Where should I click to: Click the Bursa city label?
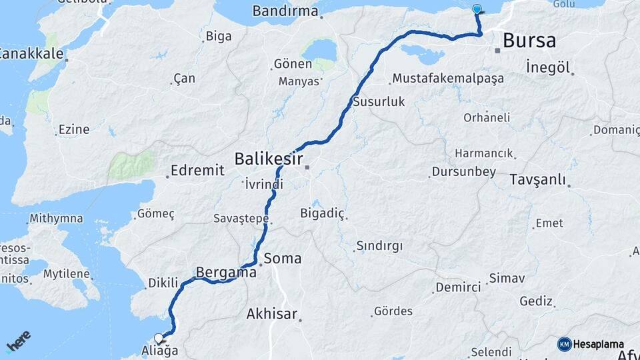tap(529, 41)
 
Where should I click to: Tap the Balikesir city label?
tap(269, 159)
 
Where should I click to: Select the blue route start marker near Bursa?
tap(477, 9)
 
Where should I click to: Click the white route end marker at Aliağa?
tap(159, 338)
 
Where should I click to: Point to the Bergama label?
tap(226, 272)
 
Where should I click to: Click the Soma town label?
tap(283, 258)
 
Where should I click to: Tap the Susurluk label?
tap(379, 102)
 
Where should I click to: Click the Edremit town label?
tap(197, 171)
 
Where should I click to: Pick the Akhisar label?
tap(271, 313)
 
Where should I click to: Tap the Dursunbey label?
tap(464, 172)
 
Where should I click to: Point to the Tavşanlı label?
tap(537, 179)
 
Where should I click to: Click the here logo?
tap(18, 341)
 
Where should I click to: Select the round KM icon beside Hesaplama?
tap(565, 344)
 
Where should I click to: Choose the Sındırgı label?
tap(379, 246)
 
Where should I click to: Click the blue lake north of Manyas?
tap(319, 50)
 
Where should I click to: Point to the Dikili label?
tap(163, 283)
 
